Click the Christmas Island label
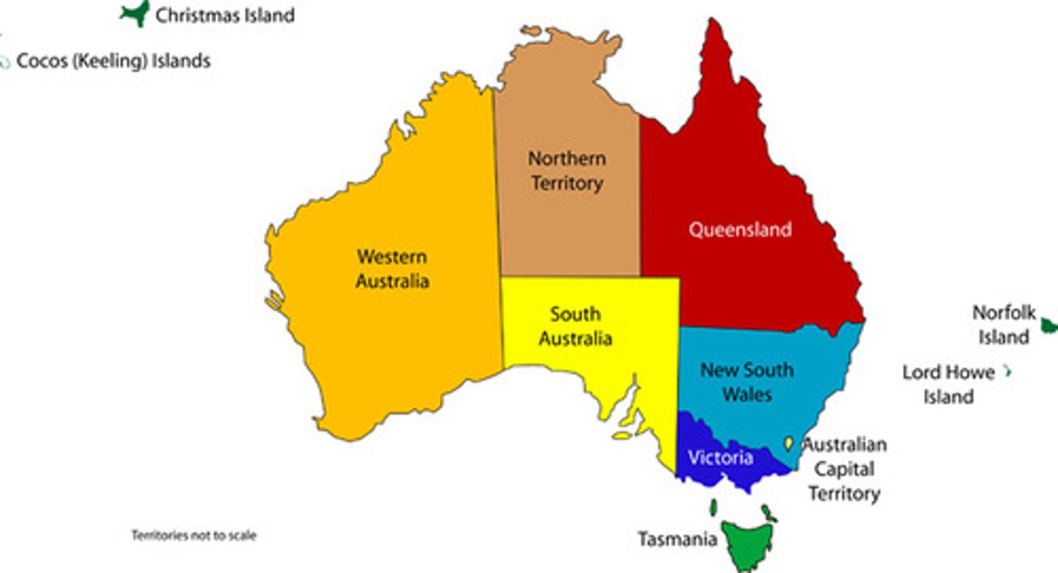tap(225, 15)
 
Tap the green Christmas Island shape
tap(136, 13)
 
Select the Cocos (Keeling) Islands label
tap(113, 60)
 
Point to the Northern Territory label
tap(567, 170)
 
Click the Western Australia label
tap(392, 269)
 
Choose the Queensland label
tap(740, 229)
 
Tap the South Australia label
tap(575, 326)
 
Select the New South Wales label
tap(746, 381)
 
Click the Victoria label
tap(720, 458)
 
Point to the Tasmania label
tap(677, 539)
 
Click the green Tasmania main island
tap(746, 544)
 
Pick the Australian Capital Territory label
tap(844, 469)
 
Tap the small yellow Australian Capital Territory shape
tap(788, 443)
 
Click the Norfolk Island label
tap(1004, 325)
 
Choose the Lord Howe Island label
tap(949, 384)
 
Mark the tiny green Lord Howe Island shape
tap(1008, 372)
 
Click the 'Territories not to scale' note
tap(194, 536)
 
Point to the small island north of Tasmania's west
tap(713, 508)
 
